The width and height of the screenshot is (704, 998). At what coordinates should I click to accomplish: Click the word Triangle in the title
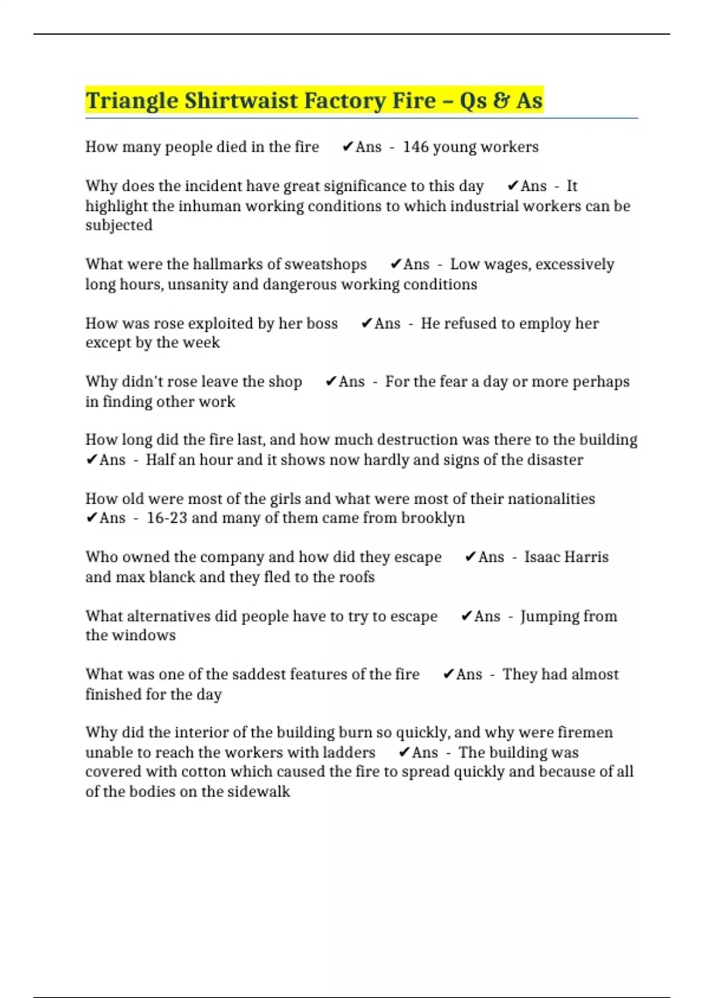tap(132, 101)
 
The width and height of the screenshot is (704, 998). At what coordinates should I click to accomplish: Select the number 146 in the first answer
tap(415, 147)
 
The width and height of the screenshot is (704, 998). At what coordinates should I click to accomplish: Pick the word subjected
tap(119, 225)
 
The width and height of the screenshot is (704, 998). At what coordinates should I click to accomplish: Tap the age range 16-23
tap(167, 518)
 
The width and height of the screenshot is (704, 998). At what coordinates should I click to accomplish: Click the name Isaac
tap(543, 557)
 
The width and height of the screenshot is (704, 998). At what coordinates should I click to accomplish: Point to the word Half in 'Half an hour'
tap(158, 460)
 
